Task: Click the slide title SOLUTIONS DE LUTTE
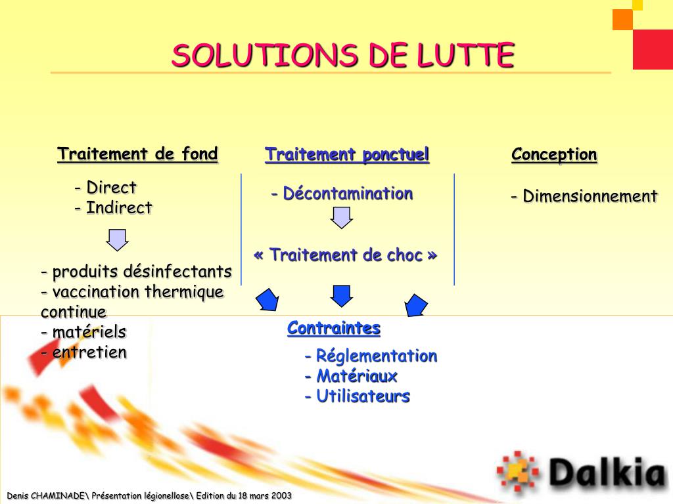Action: [x=342, y=56]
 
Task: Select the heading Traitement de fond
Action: [x=137, y=154]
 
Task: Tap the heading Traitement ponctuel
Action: [x=347, y=155]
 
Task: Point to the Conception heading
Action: [x=554, y=155]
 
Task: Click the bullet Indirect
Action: [x=113, y=208]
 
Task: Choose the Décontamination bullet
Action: [x=342, y=194]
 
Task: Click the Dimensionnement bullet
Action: [x=584, y=196]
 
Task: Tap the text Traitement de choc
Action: [x=345, y=255]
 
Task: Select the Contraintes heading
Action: [x=334, y=328]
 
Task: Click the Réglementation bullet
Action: [x=371, y=356]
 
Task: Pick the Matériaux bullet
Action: [x=351, y=376]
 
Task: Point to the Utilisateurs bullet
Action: [x=357, y=396]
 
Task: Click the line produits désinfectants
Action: [x=136, y=272]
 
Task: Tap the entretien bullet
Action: [x=83, y=352]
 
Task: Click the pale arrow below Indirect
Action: [x=118, y=240]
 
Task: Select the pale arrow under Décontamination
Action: [x=342, y=217]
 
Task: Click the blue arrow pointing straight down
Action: [x=342, y=295]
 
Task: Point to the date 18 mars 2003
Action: [x=258, y=495]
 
